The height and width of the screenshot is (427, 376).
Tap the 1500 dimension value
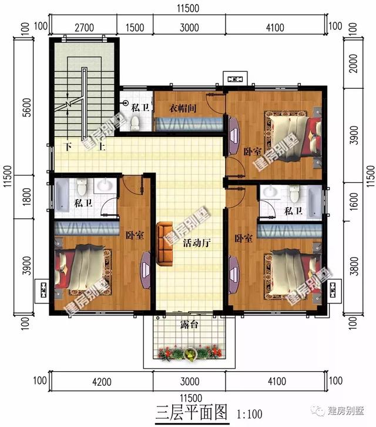click(136, 27)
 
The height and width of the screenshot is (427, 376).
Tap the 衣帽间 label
click(182, 108)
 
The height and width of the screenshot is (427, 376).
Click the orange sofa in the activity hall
click(164, 242)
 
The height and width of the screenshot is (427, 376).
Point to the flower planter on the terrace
click(189, 353)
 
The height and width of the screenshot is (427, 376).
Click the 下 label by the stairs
click(69, 146)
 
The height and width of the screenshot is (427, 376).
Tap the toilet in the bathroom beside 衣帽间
click(135, 122)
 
